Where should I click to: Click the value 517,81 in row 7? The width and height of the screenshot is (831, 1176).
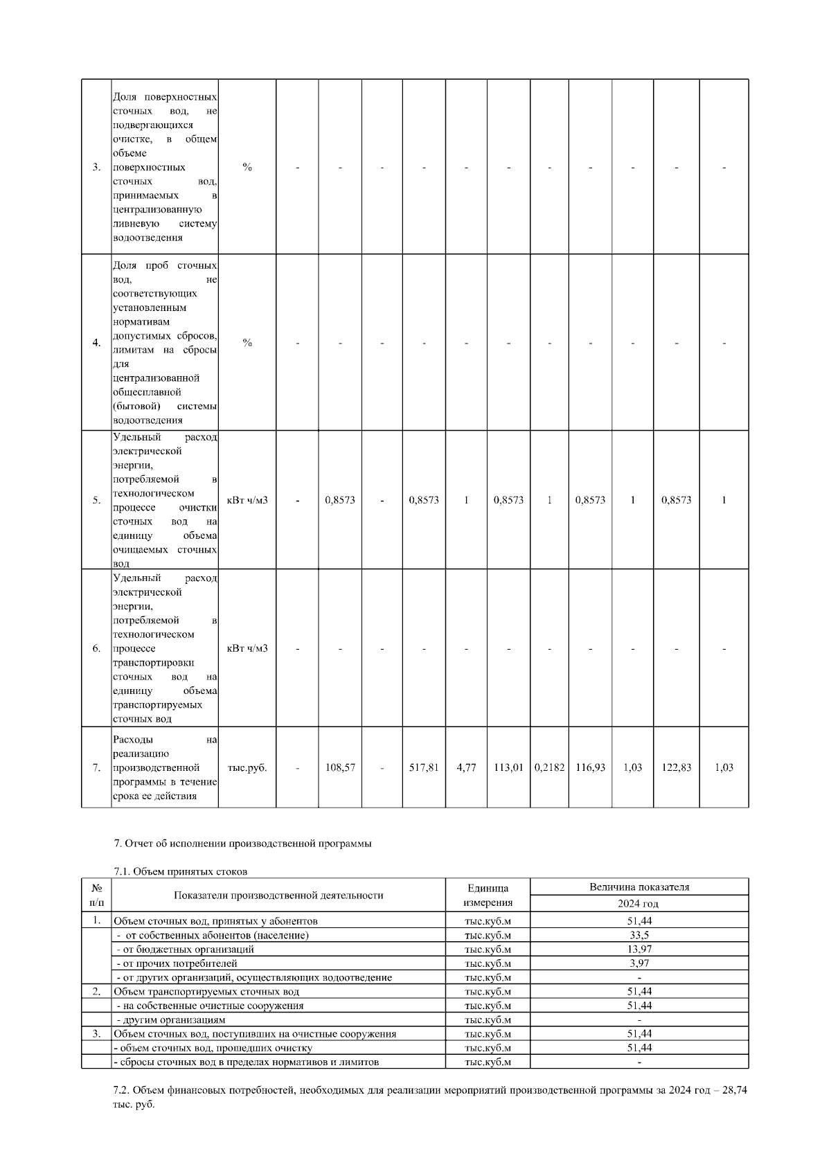(424, 767)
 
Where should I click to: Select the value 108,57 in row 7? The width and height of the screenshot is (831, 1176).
(340, 767)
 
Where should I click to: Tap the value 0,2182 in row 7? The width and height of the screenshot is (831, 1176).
(549, 767)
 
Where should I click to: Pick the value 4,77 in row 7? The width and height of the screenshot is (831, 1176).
(466, 767)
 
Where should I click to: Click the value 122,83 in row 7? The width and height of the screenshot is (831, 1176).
(676, 767)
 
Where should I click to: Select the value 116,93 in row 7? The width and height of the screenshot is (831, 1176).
(590, 767)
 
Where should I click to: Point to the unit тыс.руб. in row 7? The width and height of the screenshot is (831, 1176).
(247, 767)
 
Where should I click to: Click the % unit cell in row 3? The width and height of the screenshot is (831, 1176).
(247, 167)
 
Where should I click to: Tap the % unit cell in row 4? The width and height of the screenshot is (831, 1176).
(247, 343)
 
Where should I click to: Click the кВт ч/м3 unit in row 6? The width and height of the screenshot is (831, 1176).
(247, 648)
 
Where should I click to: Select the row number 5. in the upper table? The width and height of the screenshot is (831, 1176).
(96, 500)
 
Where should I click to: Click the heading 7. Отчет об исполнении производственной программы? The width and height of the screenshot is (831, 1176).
(242, 844)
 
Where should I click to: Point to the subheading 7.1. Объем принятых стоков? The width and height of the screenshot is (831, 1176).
(180, 871)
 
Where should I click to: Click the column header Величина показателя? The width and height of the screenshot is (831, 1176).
(638, 887)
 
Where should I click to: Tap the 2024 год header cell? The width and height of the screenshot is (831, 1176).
(638, 904)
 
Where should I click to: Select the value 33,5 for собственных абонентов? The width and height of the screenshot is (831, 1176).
(638, 935)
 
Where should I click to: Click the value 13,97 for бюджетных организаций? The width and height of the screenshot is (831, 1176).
(638, 949)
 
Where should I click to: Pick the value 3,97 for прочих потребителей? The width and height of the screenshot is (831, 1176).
(638, 963)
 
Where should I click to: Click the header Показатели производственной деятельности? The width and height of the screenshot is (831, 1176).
(278, 895)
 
